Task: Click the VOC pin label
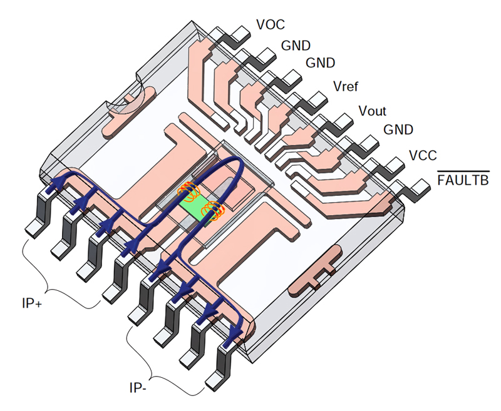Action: click(x=271, y=24)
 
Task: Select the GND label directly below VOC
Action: click(x=296, y=46)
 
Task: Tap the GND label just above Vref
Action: click(x=320, y=63)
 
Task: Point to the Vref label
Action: click(x=346, y=86)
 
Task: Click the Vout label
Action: click(x=372, y=111)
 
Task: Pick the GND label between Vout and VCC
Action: click(x=398, y=129)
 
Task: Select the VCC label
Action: click(x=423, y=155)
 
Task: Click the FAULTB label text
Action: click(x=463, y=180)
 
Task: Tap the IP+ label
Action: click(x=32, y=303)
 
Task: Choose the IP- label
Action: click(x=138, y=388)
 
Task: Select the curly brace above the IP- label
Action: click(x=150, y=373)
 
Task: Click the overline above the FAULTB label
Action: click(x=463, y=171)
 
